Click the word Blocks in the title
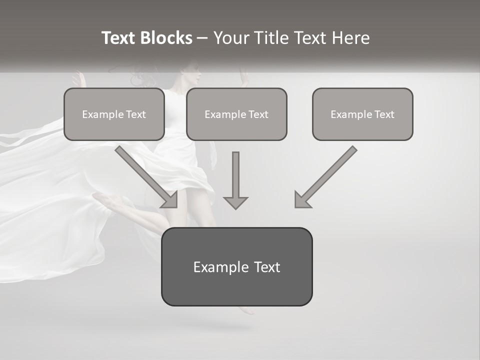click(x=166, y=38)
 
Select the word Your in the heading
click(x=231, y=38)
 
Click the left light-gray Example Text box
click(x=114, y=114)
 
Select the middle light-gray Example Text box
click(x=236, y=114)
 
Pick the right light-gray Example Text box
click(x=362, y=114)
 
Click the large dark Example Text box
click(x=236, y=267)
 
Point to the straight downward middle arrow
click(x=235, y=177)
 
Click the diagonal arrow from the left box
click(x=145, y=175)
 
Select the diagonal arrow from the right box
click(x=327, y=175)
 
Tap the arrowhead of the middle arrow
click(x=235, y=202)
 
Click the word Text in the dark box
click(x=266, y=267)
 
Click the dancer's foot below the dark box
click(x=247, y=310)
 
